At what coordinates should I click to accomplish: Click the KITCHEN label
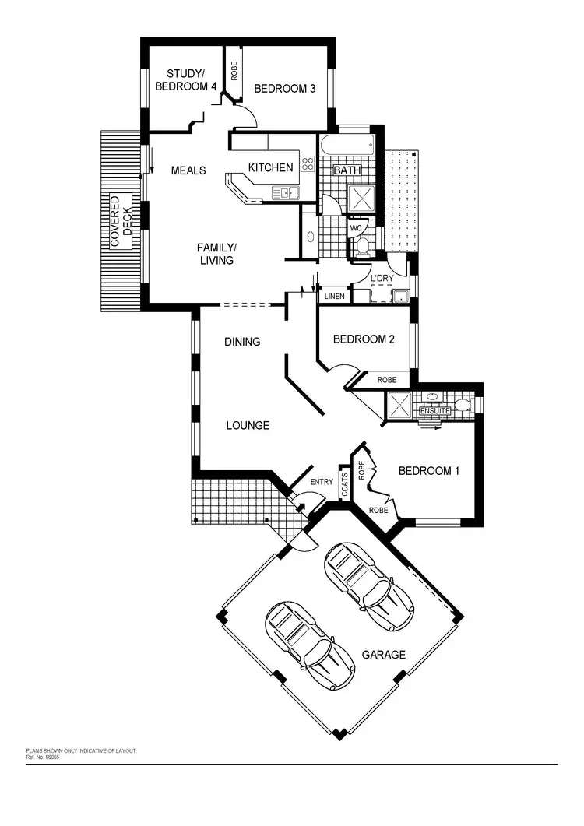[x=270, y=167]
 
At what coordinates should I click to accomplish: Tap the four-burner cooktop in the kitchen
[x=308, y=164]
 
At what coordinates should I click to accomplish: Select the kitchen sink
[x=280, y=192]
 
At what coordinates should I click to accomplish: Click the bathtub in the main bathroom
[x=348, y=146]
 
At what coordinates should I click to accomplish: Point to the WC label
[x=356, y=228]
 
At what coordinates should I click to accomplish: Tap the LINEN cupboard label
[x=333, y=297]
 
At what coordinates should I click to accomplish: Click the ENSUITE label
[x=434, y=411]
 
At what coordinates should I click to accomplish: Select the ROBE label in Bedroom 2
[x=387, y=380]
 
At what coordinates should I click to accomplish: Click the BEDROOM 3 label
[x=285, y=89]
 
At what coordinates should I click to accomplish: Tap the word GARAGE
[x=384, y=655]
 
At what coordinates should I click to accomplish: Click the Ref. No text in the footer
[x=43, y=757]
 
